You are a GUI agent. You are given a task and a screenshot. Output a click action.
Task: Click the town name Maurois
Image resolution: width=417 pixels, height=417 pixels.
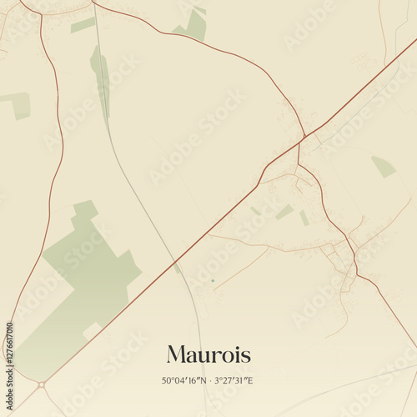click(x=208, y=354)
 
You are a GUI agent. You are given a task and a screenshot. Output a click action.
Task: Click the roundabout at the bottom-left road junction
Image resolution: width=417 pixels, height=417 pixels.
click(x=40, y=384)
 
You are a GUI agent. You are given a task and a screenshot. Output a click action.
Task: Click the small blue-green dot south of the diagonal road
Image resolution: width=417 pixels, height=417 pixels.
click(x=213, y=280)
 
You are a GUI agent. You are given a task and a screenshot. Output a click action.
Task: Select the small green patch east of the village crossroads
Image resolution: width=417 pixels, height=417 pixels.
click(x=383, y=167)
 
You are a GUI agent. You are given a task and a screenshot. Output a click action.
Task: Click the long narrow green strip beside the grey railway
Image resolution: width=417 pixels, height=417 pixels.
click(x=101, y=79)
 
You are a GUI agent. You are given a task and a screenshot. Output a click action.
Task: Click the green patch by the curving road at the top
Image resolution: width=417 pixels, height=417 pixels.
click(x=193, y=25)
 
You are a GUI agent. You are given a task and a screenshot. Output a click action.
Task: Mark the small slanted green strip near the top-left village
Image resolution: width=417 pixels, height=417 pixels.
click(x=83, y=25)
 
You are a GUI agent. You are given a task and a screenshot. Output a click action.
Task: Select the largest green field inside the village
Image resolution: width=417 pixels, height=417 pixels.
click(x=284, y=212)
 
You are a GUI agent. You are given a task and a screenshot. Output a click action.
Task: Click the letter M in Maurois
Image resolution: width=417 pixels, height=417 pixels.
click(x=178, y=354)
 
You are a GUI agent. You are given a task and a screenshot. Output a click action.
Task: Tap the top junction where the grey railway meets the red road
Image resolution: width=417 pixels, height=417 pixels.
click(x=93, y=3)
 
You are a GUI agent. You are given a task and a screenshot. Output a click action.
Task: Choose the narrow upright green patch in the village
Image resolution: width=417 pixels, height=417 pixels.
click(x=304, y=218)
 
